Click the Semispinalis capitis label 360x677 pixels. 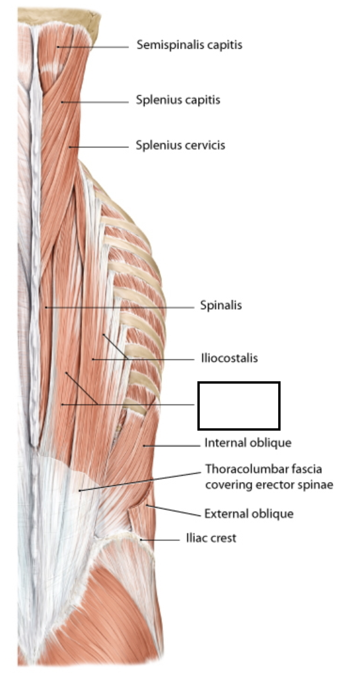pyautogui.click(x=189, y=45)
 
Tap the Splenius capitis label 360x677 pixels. pyautogui.click(x=178, y=100)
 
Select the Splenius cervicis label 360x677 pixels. pyautogui.click(x=180, y=145)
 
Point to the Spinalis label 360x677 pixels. pyautogui.click(x=220, y=305)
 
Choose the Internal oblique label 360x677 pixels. pyautogui.click(x=247, y=443)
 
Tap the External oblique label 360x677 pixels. pyautogui.click(x=249, y=513)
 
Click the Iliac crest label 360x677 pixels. pyautogui.click(x=211, y=538)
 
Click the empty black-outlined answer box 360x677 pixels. pyautogui.click(x=239, y=405)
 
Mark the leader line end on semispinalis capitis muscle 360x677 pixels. pyautogui.click(x=58, y=47)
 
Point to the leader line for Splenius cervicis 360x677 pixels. pyautogui.click(x=99, y=147)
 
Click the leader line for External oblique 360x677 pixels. pyautogui.click(x=174, y=511)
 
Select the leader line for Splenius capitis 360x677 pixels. pyautogui.click(x=94, y=102)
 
